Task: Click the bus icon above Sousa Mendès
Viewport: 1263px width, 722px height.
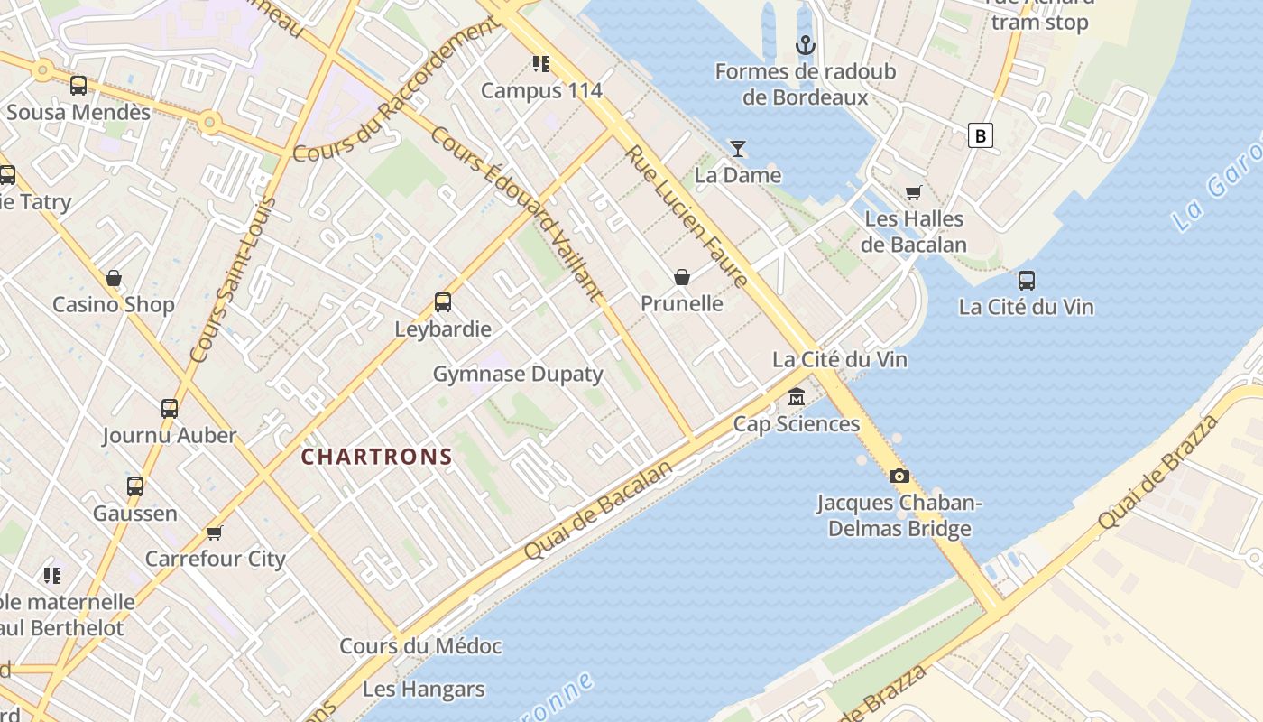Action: click(x=78, y=86)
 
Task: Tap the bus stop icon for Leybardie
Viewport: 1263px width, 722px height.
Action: click(x=442, y=302)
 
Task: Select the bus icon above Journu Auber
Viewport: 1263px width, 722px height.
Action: click(x=170, y=408)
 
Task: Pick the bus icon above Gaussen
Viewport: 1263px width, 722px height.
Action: click(x=135, y=486)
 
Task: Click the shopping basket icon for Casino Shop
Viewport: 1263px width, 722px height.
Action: click(x=114, y=278)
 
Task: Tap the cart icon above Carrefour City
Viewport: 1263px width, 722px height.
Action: click(x=214, y=532)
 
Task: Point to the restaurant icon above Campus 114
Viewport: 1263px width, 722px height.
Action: click(x=541, y=63)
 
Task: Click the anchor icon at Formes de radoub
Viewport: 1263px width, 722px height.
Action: click(x=805, y=44)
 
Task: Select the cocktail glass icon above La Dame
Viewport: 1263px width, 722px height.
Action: click(x=738, y=148)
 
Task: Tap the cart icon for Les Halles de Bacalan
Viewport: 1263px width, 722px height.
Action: click(x=913, y=192)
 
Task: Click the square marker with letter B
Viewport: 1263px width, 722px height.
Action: click(x=980, y=135)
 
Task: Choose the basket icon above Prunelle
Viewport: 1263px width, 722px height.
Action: click(x=682, y=277)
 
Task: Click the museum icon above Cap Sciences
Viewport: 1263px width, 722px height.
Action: click(x=797, y=397)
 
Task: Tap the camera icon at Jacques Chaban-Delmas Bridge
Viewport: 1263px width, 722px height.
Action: click(x=899, y=476)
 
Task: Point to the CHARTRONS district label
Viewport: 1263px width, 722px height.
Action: click(x=376, y=457)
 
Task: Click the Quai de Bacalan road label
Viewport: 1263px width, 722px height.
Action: click(x=598, y=510)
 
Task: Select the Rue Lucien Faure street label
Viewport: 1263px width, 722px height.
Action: click(x=687, y=217)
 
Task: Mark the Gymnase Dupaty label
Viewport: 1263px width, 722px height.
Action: click(x=518, y=374)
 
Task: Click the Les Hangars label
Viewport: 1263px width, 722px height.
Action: click(x=423, y=690)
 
